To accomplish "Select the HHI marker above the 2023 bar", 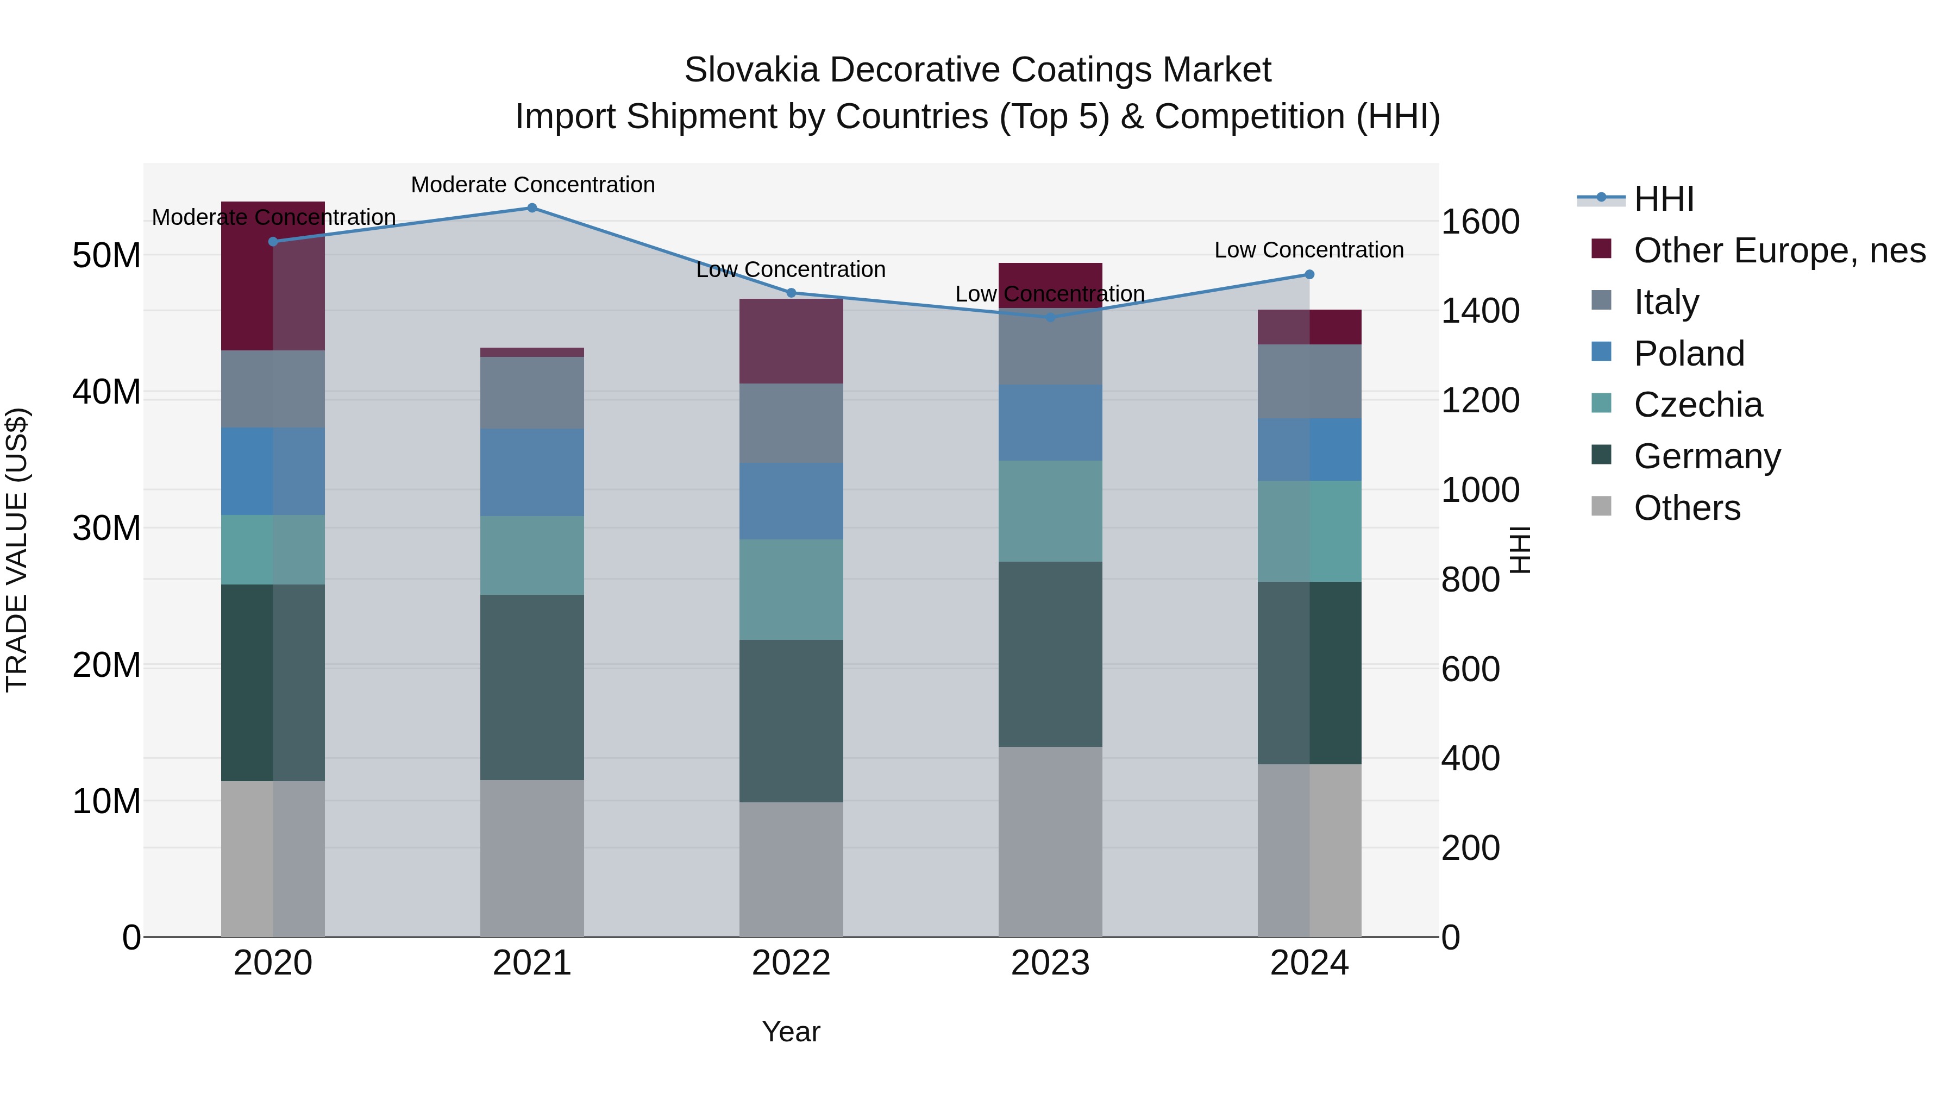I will click(1050, 317).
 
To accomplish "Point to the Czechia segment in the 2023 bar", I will click(1050, 511).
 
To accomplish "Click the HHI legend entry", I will click(1663, 199).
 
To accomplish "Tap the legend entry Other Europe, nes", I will click(1779, 250).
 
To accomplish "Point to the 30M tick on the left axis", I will click(106, 529).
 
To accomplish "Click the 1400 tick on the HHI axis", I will click(1480, 311).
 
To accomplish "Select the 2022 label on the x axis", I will click(791, 963).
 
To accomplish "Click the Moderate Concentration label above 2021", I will click(532, 185).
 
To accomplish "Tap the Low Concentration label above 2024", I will click(1308, 250).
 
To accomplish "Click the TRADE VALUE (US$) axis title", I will click(17, 550).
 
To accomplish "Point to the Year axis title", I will click(791, 1032).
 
